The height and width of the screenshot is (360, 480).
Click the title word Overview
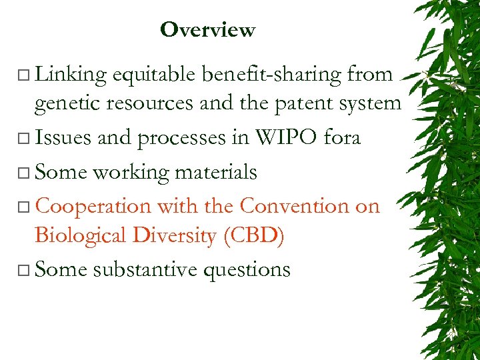(207, 30)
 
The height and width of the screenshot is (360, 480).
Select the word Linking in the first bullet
(71, 75)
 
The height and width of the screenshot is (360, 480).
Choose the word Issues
(63, 138)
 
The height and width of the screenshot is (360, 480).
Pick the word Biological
(79, 235)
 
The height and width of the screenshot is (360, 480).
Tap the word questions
(252, 269)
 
